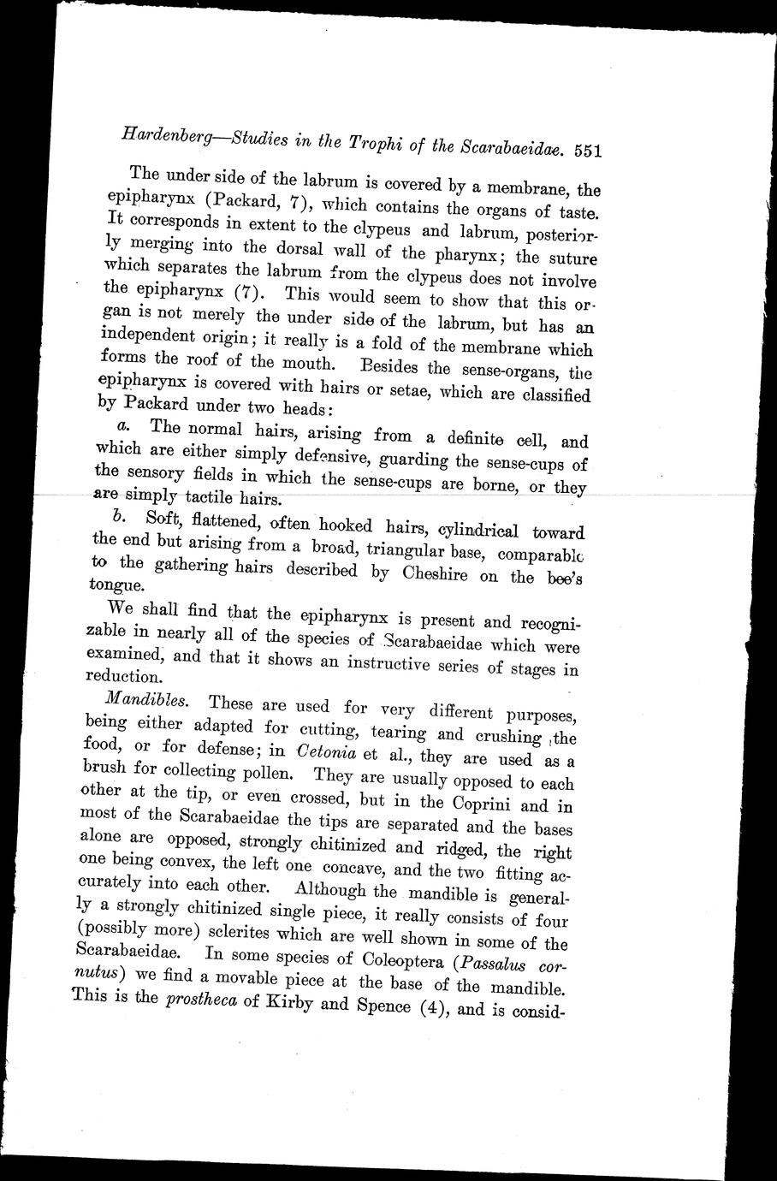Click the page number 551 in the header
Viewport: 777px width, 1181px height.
tap(590, 151)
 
